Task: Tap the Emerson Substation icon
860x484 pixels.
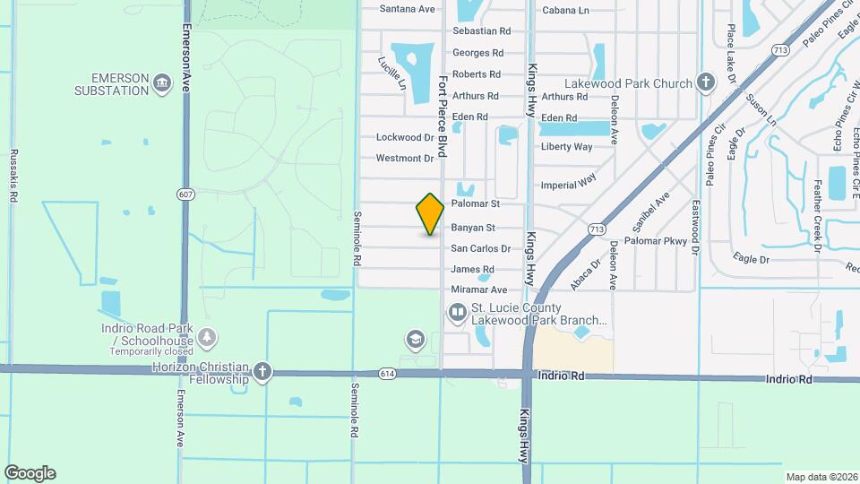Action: tap(162, 84)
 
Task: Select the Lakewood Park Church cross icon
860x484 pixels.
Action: tap(706, 84)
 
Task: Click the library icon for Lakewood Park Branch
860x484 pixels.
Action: tap(457, 313)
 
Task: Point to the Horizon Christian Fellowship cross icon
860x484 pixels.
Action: tap(262, 373)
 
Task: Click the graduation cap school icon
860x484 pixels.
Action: tap(414, 340)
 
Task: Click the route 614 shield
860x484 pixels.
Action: tap(385, 371)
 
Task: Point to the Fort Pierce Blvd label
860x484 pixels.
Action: tap(442, 117)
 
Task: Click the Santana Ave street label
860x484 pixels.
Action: tap(407, 9)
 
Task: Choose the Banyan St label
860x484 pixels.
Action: tap(472, 228)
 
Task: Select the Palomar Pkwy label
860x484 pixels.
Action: tap(655, 241)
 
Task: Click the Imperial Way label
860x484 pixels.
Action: tap(568, 182)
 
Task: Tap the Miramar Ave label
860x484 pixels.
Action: tap(478, 290)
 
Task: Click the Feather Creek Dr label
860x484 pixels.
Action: tap(817, 216)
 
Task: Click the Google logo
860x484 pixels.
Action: tap(30, 473)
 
